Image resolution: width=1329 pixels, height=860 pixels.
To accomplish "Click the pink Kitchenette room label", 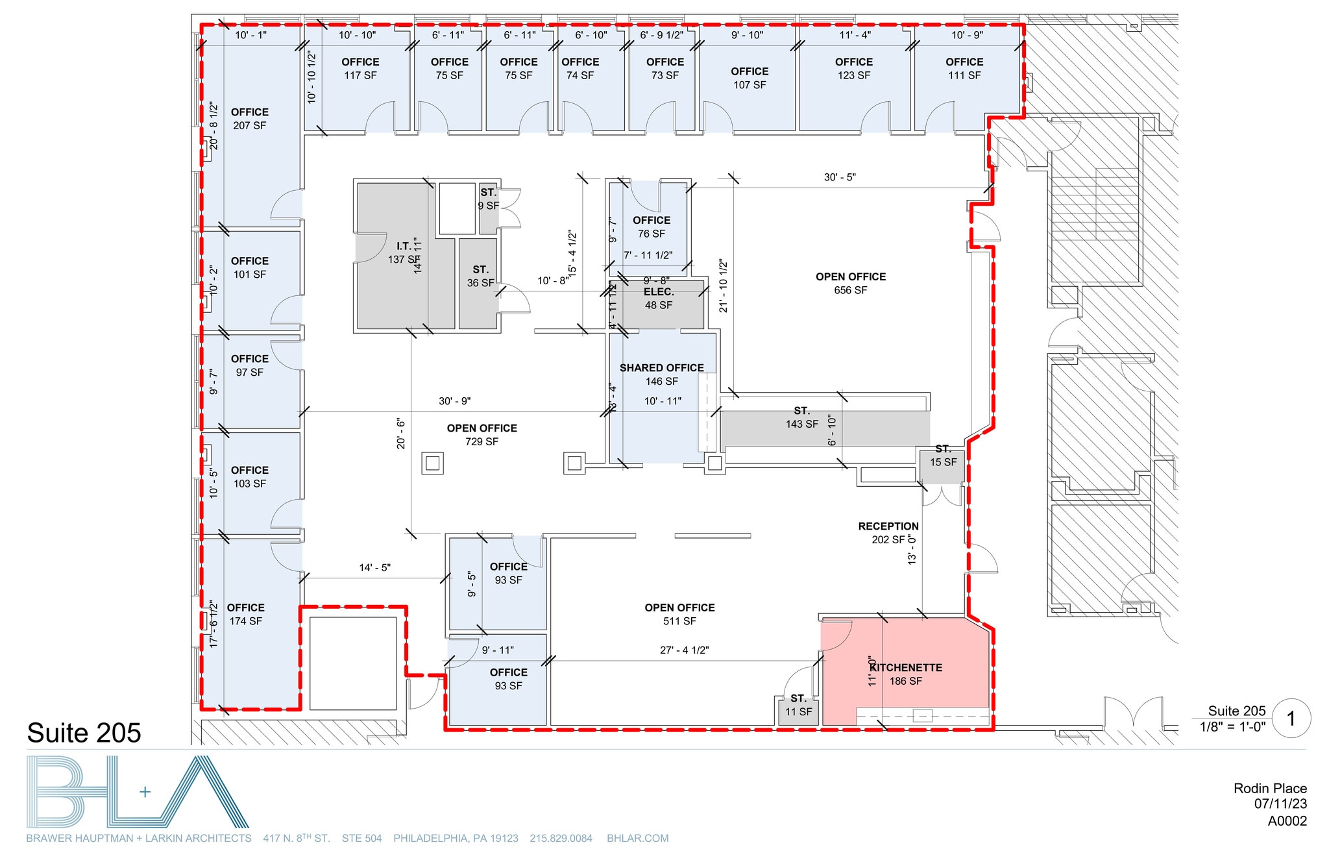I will click(906, 674).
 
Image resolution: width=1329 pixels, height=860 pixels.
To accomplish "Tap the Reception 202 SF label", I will click(888, 532).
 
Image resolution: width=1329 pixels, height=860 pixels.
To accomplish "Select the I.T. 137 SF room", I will click(404, 252).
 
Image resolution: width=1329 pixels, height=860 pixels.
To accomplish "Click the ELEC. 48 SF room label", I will click(658, 299).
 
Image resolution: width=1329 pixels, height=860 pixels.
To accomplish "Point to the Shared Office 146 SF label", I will click(661, 375).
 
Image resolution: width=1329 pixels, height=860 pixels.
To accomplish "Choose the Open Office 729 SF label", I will click(482, 435).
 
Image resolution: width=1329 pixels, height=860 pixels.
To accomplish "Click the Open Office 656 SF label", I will click(850, 283).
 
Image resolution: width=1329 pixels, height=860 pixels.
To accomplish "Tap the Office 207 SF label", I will click(249, 119).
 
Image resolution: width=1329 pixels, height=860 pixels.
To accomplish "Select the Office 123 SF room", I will click(853, 68).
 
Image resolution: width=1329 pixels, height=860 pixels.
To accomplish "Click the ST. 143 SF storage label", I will click(801, 417).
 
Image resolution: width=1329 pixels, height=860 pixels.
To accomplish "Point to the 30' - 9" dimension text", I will click(454, 401).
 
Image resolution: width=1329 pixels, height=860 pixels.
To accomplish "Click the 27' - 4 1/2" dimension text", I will click(684, 650).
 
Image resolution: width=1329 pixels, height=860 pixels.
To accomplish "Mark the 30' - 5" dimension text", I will click(840, 177).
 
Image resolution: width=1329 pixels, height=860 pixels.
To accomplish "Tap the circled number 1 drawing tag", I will click(1291, 719).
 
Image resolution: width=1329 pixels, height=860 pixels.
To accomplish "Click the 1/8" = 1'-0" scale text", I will click(1232, 727).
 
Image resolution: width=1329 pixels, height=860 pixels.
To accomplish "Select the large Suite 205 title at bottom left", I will click(84, 733).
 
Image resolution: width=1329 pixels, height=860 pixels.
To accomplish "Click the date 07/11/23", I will click(1280, 804).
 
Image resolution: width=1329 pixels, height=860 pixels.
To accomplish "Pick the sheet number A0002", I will click(1287, 820).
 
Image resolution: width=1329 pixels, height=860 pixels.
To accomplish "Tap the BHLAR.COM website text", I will click(637, 838).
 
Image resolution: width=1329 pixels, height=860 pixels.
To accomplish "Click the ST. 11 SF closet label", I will click(798, 705).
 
